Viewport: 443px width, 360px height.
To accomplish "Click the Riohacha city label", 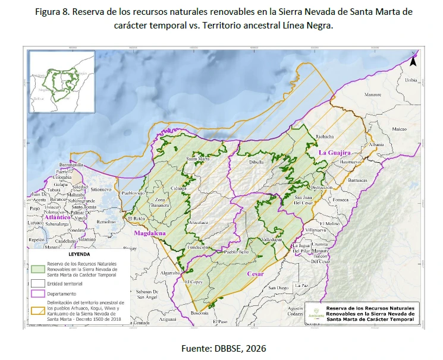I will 325,136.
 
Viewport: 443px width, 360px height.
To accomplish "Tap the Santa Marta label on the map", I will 198,159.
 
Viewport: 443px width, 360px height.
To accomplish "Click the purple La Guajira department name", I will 337,153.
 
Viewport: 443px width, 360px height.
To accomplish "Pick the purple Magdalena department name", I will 149,233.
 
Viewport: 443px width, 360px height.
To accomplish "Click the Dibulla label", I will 256,162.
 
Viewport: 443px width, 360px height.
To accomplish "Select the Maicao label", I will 398,128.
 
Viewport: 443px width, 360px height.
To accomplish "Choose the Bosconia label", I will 199,313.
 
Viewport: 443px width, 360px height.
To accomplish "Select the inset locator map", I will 62,81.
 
